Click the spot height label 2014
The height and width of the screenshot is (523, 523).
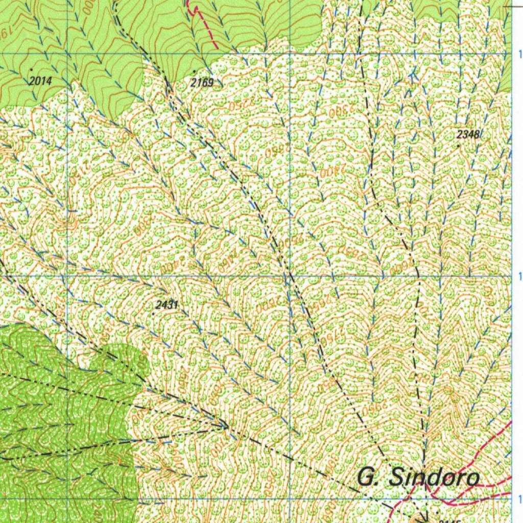click(41, 81)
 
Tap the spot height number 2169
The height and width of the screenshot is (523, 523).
click(202, 82)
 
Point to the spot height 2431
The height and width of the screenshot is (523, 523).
click(167, 305)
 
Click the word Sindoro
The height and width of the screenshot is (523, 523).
click(434, 478)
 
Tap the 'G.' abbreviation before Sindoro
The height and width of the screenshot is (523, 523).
click(367, 478)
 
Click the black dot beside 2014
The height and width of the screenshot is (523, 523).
click(32, 68)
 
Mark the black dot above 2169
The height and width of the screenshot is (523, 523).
click(194, 71)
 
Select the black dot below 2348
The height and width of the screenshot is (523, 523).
click(458, 146)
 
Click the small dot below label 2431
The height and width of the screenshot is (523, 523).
click(154, 314)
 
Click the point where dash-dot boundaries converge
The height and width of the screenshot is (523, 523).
click(226, 425)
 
